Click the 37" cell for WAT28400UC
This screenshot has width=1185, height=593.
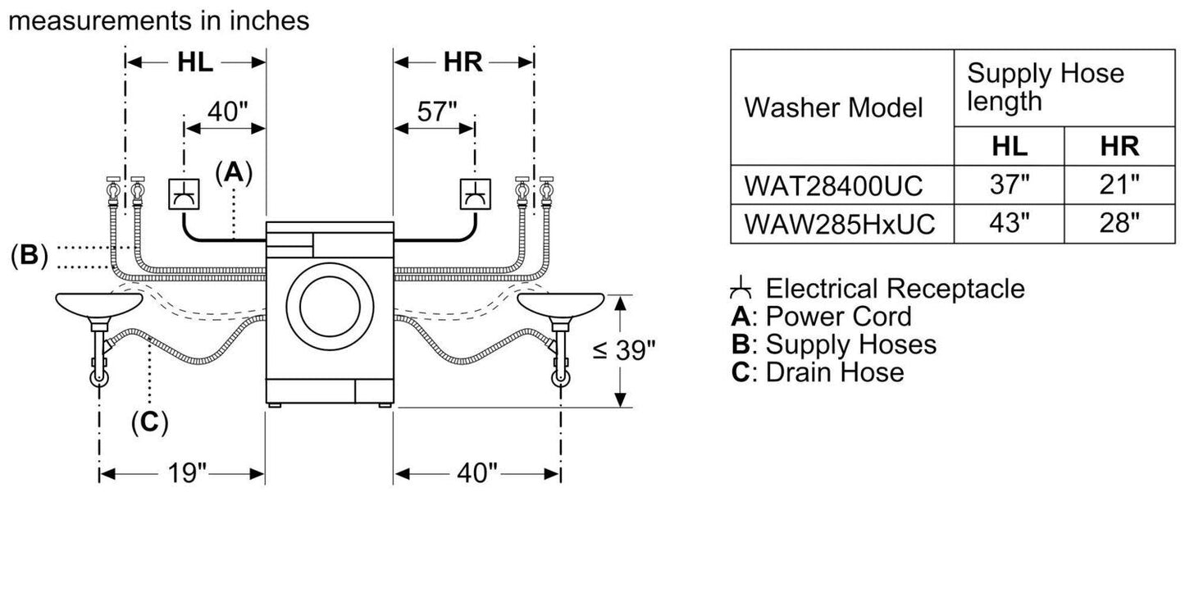tap(1009, 186)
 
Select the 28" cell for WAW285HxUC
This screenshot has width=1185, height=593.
tap(1119, 223)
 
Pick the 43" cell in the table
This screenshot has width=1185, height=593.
tap(1009, 223)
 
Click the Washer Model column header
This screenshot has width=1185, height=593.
tap(833, 108)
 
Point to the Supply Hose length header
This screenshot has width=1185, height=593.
tap(1046, 87)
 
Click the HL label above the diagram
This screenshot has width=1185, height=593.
tap(195, 62)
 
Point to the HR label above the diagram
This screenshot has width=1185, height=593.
tap(463, 62)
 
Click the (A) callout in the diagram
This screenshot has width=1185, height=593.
tap(234, 172)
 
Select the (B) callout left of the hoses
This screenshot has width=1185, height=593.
tap(29, 256)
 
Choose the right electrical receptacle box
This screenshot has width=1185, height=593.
tap(475, 194)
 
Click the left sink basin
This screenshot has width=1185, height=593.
tap(99, 306)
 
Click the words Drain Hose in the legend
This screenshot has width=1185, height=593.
tap(834, 372)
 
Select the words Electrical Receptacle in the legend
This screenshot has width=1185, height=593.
tap(895, 289)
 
